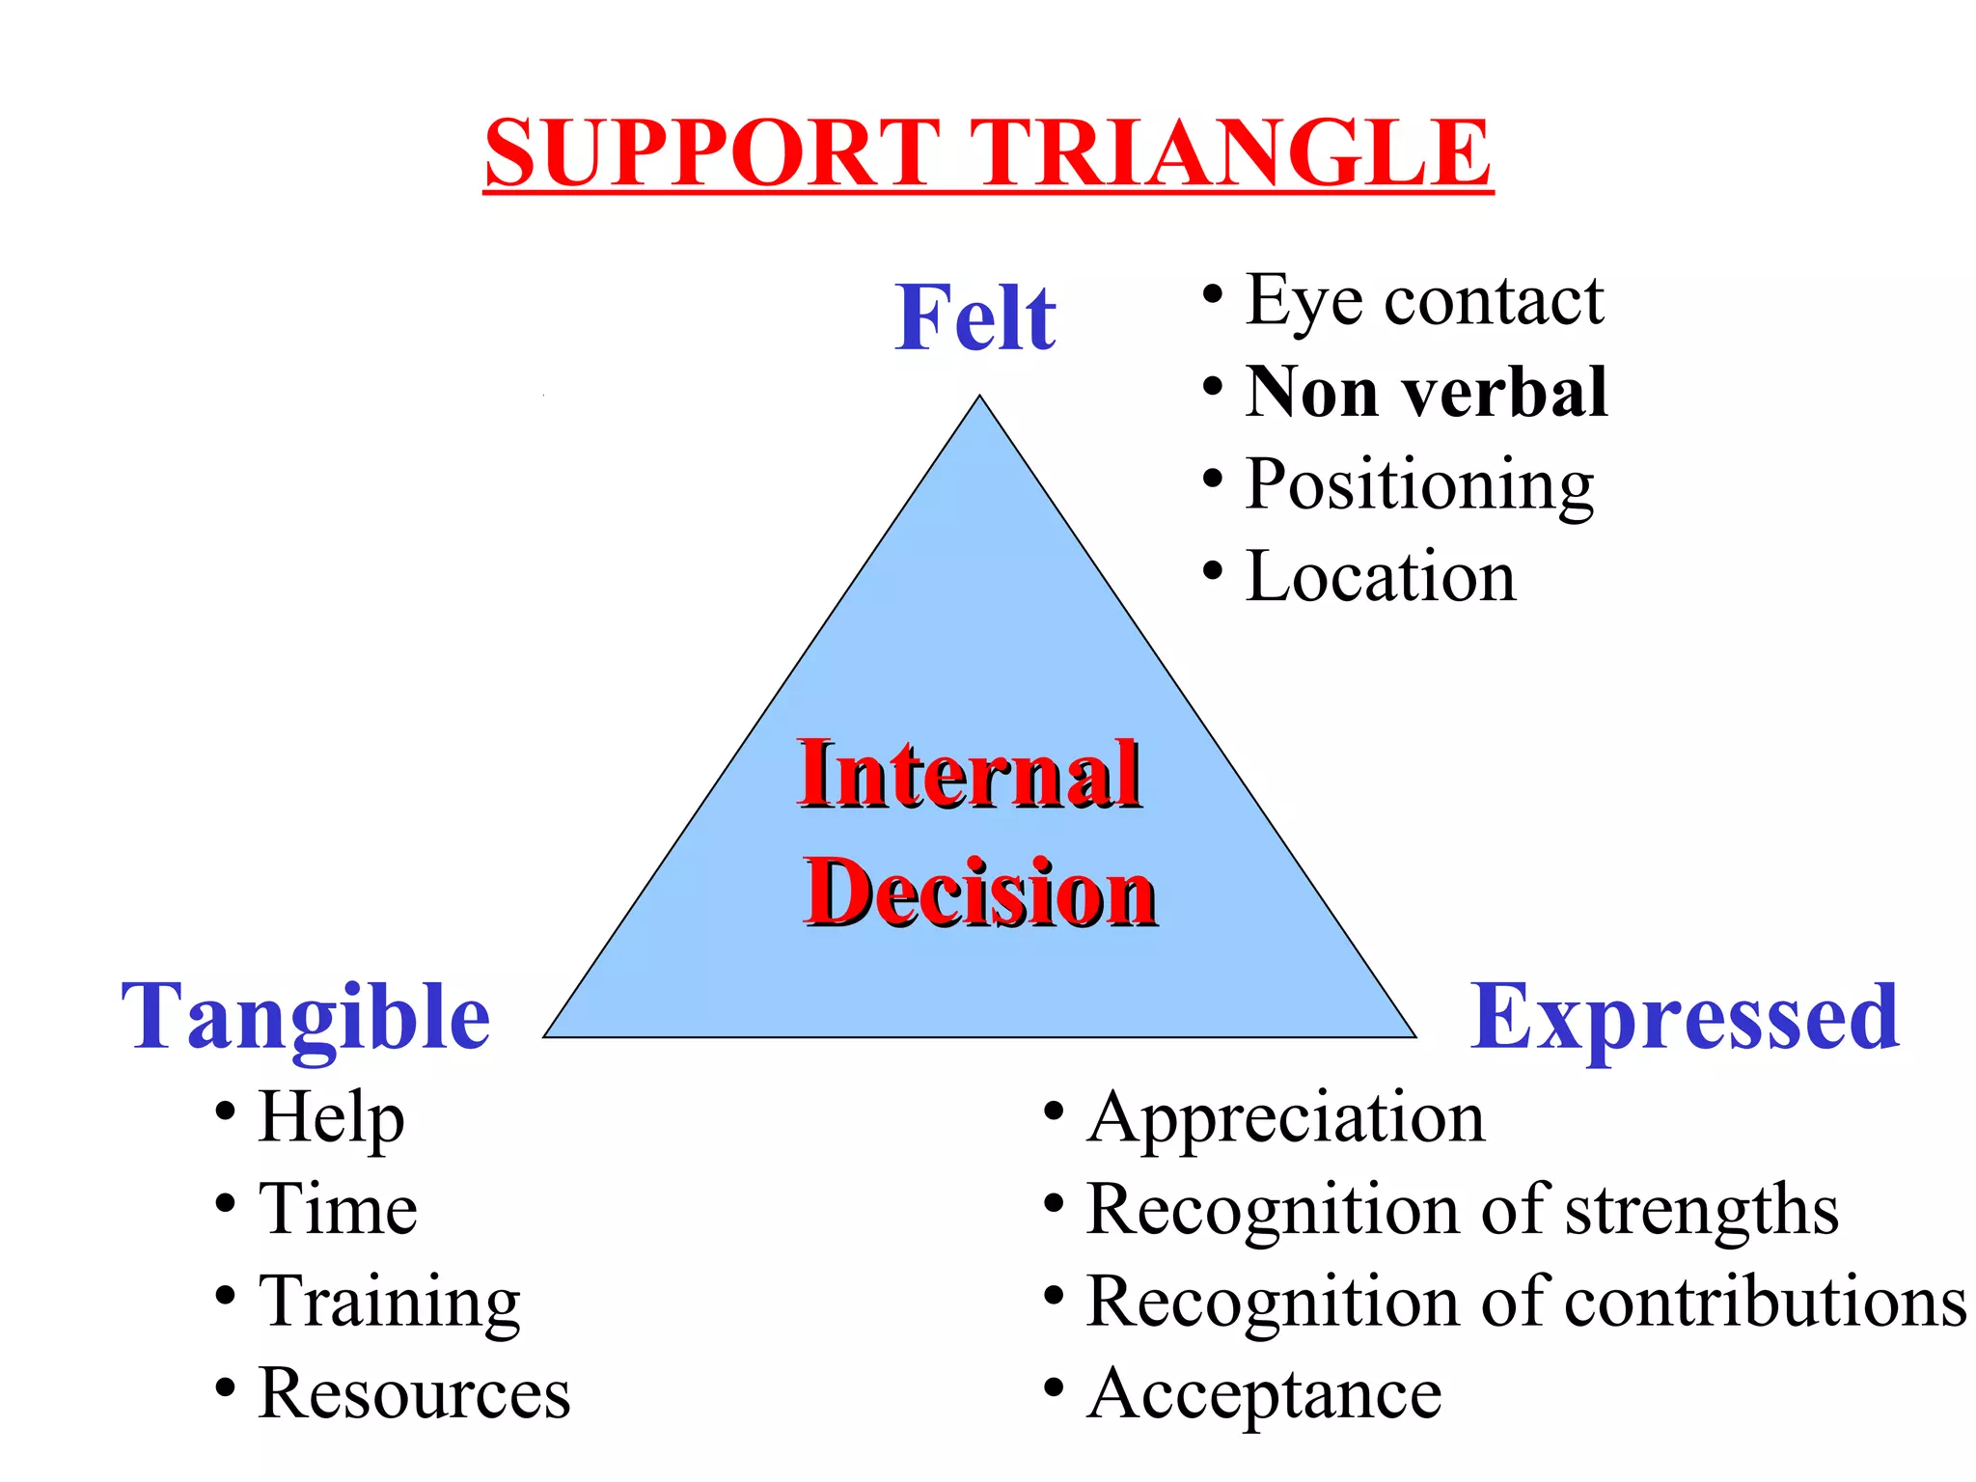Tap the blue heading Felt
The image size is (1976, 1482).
tap(975, 317)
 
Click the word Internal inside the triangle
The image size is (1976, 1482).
tap(970, 774)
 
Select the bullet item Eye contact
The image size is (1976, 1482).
tap(1424, 301)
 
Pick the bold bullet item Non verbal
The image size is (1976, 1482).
tap(1426, 393)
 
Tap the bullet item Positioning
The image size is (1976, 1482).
tap(1418, 484)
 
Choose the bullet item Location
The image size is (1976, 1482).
tap(1380, 576)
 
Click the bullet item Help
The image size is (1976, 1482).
tap(331, 1116)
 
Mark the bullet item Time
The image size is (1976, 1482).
tap(338, 1209)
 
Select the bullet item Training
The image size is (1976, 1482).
tap(390, 1302)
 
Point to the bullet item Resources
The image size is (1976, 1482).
tap(414, 1393)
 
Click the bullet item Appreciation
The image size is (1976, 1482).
tap(1285, 1118)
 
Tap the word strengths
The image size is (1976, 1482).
tap(1702, 1209)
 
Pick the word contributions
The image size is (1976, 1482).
tap(1765, 1302)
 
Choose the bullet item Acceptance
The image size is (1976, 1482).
tap(1264, 1393)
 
